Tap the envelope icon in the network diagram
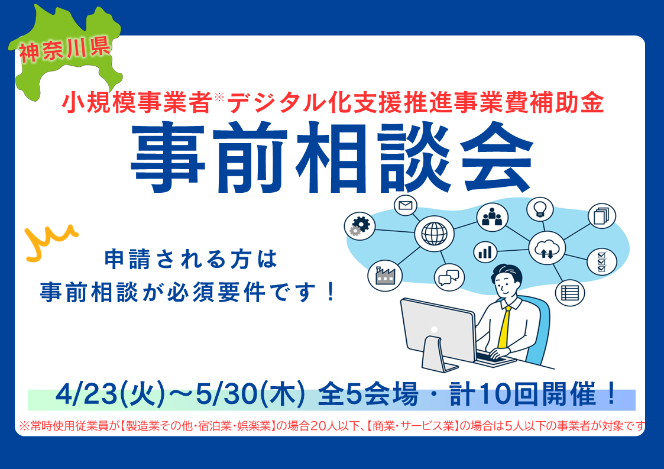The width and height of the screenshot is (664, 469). [405, 206]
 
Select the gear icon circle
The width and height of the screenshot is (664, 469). [360, 227]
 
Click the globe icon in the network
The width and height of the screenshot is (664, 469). [434, 234]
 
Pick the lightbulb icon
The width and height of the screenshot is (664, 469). [540, 209]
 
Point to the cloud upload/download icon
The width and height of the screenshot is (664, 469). [547, 248]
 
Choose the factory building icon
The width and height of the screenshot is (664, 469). [385, 276]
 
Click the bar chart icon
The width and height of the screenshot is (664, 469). [485, 252]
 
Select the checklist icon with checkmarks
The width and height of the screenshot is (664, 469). [602, 261]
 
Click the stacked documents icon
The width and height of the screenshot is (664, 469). [602, 215]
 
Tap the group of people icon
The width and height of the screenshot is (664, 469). [492, 217]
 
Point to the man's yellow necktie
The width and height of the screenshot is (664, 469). [504, 326]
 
